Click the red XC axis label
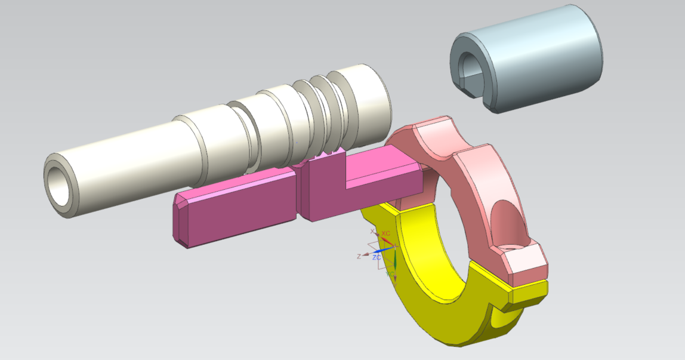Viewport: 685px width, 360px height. click(386, 233)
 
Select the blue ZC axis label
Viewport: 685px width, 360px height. click(377, 257)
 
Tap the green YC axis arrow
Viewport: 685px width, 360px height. click(394, 261)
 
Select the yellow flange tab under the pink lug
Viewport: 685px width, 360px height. click(528, 294)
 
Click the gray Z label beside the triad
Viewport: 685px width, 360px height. click(359, 256)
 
